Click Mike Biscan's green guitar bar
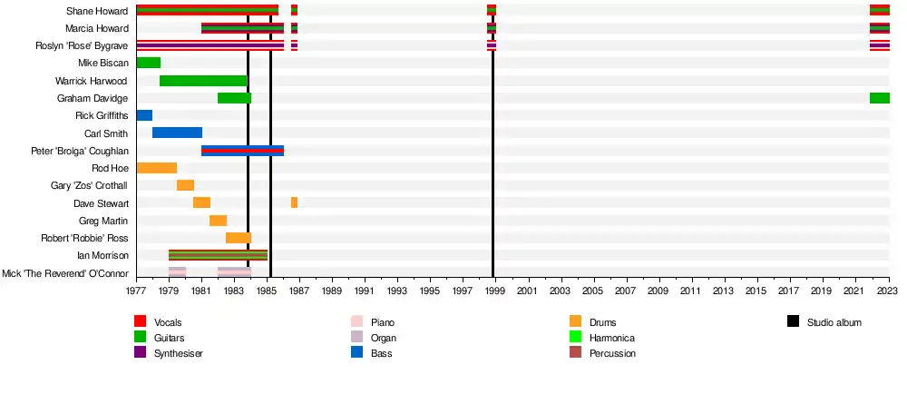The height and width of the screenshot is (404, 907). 148,63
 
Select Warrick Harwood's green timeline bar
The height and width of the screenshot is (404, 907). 203,81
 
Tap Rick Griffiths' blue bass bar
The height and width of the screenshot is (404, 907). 144,115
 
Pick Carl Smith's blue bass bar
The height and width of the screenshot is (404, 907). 177,133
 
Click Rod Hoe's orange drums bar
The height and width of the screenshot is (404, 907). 156,168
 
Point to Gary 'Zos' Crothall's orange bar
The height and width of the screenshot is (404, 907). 185,185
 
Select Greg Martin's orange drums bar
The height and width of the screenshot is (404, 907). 218,221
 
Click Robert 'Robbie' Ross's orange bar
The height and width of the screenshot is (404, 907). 239,238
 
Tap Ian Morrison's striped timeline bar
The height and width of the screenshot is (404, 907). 218,255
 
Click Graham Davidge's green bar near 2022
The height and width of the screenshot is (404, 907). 879,98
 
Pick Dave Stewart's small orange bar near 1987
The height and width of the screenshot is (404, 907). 294,202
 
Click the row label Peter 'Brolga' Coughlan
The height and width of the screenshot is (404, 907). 80,151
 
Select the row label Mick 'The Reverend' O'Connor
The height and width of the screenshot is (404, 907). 65,273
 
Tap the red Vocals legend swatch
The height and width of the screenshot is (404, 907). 140,322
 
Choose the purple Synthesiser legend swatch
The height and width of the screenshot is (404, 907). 140,353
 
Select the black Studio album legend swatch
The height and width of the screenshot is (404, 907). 793,322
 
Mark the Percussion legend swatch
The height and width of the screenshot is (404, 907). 575,353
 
